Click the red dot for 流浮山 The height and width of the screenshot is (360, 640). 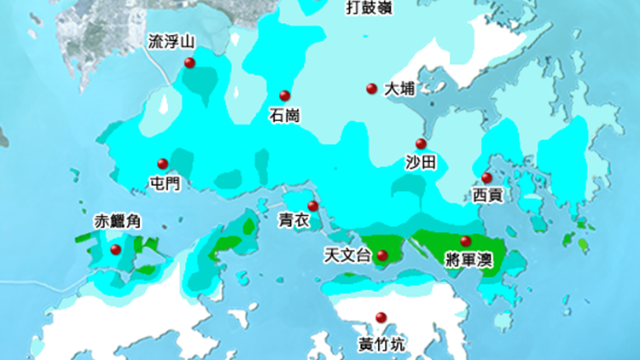click(x=189, y=63)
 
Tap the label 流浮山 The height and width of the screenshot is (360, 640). click(x=172, y=41)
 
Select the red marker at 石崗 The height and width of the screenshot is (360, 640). click(x=285, y=96)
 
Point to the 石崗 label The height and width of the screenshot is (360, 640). click(x=284, y=115)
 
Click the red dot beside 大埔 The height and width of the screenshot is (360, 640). click(x=371, y=88)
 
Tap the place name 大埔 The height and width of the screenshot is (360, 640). click(x=399, y=89)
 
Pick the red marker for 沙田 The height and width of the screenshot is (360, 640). click(x=420, y=143)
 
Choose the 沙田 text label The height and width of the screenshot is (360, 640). click(x=421, y=162)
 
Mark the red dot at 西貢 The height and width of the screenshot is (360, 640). click(x=486, y=177)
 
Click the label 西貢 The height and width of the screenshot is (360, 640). click(x=487, y=196)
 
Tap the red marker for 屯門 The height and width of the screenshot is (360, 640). click(x=162, y=164)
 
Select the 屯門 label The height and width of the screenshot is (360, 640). click(x=164, y=183)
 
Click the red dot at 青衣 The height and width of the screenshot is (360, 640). click(x=313, y=206)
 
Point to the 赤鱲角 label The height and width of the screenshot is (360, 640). click(x=117, y=222)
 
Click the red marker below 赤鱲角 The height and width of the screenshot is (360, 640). click(x=116, y=249)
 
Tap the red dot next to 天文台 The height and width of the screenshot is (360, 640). click(x=381, y=255)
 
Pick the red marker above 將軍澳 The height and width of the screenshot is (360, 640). click(x=465, y=241)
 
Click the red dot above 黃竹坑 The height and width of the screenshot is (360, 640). click(x=381, y=317)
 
